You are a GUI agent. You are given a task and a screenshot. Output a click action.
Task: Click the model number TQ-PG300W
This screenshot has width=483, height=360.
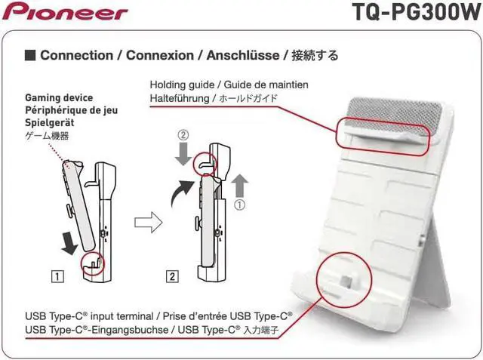pyautogui.click(x=415, y=13)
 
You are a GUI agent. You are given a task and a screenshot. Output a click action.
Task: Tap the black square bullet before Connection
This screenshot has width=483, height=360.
pyautogui.click(x=30, y=55)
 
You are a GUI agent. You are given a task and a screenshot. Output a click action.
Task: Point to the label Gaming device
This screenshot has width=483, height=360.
pyautogui.click(x=59, y=98)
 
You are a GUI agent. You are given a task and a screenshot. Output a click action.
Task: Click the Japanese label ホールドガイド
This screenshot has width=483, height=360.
pyautogui.click(x=248, y=99)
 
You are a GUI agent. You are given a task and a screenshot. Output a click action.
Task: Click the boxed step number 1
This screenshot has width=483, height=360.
pyautogui.click(x=56, y=275)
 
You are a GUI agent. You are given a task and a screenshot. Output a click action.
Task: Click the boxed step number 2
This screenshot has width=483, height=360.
pyautogui.click(x=173, y=275)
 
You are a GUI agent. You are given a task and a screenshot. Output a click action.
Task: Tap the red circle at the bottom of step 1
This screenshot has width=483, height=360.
pyautogui.click(x=94, y=261)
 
